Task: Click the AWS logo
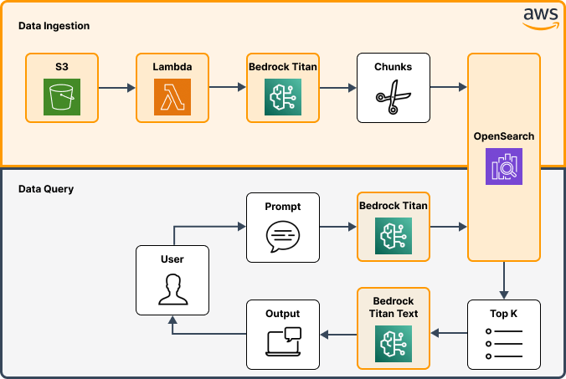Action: pyautogui.click(x=541, y=13)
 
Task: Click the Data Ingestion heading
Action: pyautogui.click(x=54, y=26)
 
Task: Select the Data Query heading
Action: pyautogui.click(x=46, y=189)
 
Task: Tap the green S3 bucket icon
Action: pyautogui.click(x=62, y=96)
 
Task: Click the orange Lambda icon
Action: pyautogui.click(x=172, y=96)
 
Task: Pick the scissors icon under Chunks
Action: pyautogui.click(x=393, y=97)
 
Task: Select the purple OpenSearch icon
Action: pyautogui.click(x=503, y=166)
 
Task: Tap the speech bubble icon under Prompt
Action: pyautogui.click(x=283, y=237)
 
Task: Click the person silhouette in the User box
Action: pyautogui.click(x=172, y=289)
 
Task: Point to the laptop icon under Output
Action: pyautogui.click(x=283, y=343)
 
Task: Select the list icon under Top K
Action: pyautogui.click(x=503, y=343)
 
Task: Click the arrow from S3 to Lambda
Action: pyautogui.click(x=117, y=87)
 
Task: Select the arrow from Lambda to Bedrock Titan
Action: pyautogui.click(x=227, y=87)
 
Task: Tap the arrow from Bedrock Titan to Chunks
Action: pyautogui.click(x=337, y=87)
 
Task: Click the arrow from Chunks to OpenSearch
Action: pyautogui.click(x=448, y=87)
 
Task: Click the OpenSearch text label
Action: pyautogui.click(x=503, y=136)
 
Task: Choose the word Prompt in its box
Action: pyautogui.click(x=283, y=207)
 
